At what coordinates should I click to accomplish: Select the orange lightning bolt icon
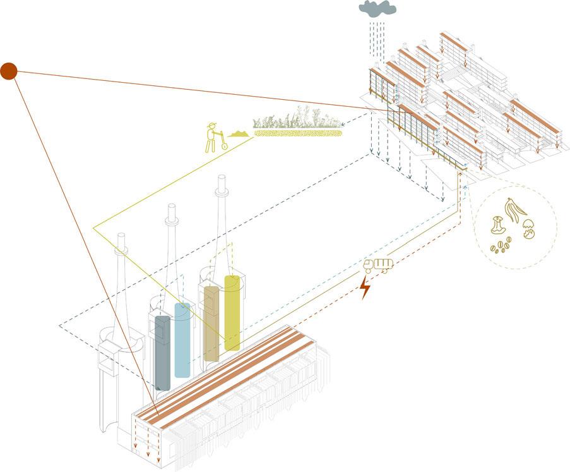click(364, 287)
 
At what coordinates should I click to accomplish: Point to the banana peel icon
click(511, 212)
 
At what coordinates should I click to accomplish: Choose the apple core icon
click(498, 226)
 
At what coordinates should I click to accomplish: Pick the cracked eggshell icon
click(529, 233)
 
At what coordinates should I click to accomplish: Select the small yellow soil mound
click(238, 133)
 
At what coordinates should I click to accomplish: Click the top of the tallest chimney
click(222, 178)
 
